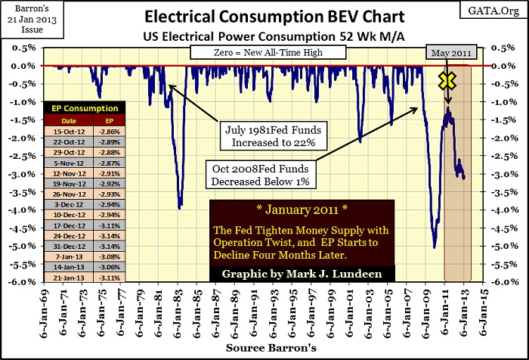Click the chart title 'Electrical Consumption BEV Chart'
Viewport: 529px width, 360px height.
264,16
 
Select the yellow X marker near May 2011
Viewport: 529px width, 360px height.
447,80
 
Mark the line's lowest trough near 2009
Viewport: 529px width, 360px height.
434,247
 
